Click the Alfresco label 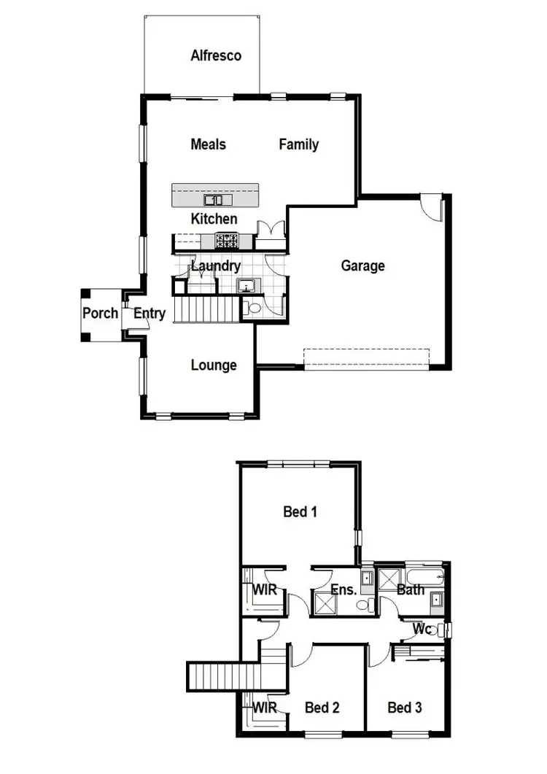tap(216, 55)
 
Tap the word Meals tap(208, 144)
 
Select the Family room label tap(298, 144)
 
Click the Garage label tap(362, 266)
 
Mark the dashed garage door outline tap(365, 358)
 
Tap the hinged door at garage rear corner tap(433, 206)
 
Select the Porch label tap(100, 314)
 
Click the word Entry tap(150, 314)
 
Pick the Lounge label tap(214, 365)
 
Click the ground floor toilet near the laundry tap(253, 309)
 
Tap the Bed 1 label tap(300, 512)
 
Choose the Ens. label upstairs tap(344, 589)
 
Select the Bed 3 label tap(404, 707)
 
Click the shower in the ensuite tap(322, 603)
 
